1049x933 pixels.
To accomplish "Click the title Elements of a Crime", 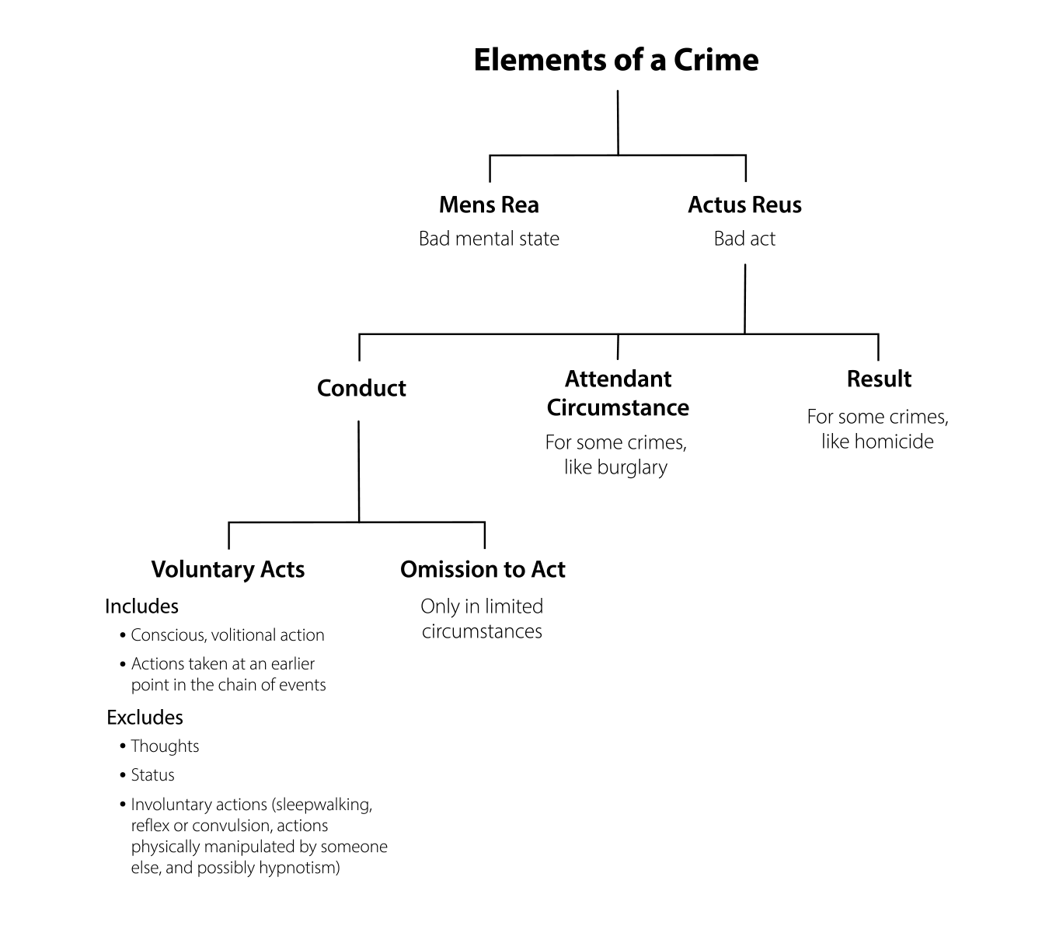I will [x=615, y=60].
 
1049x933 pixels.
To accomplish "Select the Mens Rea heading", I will [x=489, y=204].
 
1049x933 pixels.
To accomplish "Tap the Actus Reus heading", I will [x=744, y=204].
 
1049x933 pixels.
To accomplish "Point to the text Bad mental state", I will [x=489, y=239].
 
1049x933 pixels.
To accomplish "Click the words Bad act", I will [x=744, y=239].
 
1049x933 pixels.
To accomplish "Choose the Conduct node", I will [x=361, y=388].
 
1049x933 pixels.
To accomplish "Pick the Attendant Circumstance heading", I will [x=618, y=393].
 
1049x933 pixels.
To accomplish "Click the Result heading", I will [x=879, y=379].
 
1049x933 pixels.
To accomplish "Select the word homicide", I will [x=894, y=442].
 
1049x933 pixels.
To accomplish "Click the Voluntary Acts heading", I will [x=228, y=569].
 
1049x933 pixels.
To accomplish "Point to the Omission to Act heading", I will [x=483, y=569].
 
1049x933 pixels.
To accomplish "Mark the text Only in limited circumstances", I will [x=482, y=619].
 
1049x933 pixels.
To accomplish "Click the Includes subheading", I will [x=141, y=606].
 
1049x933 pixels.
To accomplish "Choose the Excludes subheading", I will [x=145, y=717].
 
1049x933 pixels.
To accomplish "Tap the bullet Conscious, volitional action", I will [x=227, y=635].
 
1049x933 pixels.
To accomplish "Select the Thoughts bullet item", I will [x=165, y=746].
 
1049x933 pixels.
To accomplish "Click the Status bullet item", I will [x=152, y=775].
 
